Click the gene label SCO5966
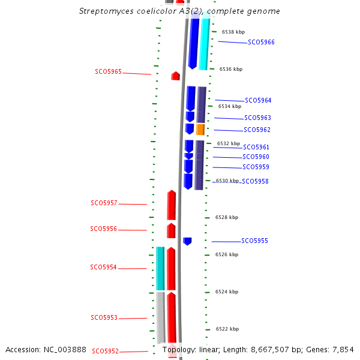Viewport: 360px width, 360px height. [x=261, y=43]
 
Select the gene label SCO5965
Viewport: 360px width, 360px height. [x=108, y=72]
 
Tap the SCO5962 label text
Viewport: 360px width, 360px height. [x=257, y=130]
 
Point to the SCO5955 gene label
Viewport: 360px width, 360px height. [x=254, y=241]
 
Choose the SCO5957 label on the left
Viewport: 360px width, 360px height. [x=104, y=203]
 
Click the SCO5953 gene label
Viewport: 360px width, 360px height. [x=104, y=318]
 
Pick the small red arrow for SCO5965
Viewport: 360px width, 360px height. [x=175, y=76]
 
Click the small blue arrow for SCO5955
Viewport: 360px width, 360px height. [x=187, y=241]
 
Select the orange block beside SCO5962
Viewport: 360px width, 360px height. [x=200, y=130]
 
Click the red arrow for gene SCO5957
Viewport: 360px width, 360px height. [x=172, y=205]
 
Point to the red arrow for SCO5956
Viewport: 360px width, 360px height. [x=171, y=231]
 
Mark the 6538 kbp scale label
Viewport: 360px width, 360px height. [x=233, y=32]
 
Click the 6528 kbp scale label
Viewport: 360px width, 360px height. [x=227, y=217]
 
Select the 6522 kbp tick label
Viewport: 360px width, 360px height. [x=227, y=329]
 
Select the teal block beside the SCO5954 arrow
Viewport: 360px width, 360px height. [x=160, y=268]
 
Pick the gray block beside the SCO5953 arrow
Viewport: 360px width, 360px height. [x=160, y=317]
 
